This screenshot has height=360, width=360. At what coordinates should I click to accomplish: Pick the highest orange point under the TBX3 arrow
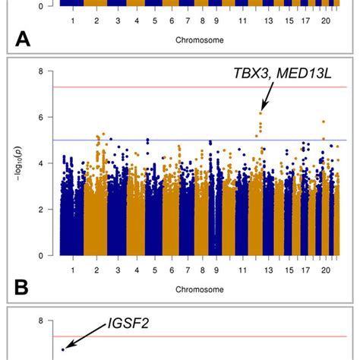pos(261,113)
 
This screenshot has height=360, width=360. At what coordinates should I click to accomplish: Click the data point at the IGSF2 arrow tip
pos(64,349)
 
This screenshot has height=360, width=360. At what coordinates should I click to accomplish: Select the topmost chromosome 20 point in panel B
pos(324,122)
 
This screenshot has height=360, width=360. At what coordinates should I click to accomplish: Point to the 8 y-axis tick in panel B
pos(50,71)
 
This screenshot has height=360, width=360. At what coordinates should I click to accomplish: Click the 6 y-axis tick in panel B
pos(50,117)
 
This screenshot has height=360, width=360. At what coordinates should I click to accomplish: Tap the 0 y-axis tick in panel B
pos(50,255)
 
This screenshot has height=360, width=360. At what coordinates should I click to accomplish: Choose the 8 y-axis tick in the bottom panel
pos(50,321)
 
